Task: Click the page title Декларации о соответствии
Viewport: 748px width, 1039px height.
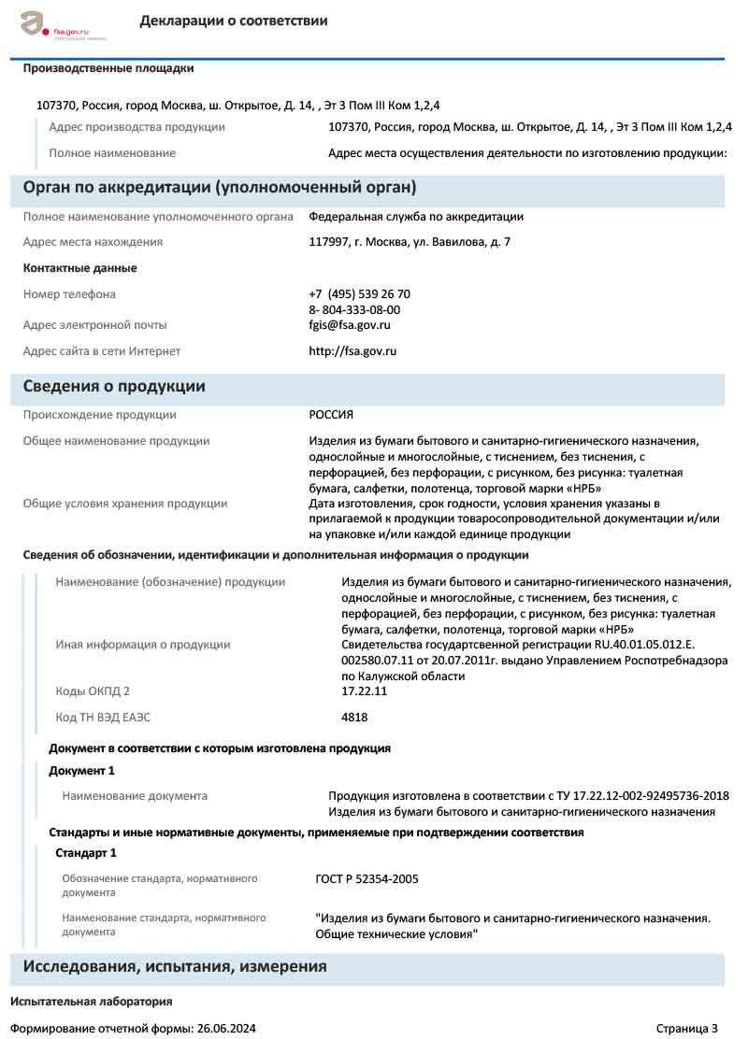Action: [x=234, y=21]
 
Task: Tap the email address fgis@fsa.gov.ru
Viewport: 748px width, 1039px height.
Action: [x=350, y=325]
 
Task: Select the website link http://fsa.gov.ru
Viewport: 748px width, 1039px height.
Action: [x=352, y=351]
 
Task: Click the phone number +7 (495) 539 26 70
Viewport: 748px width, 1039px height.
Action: [x=359, y=294]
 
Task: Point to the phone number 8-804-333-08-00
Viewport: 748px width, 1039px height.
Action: [x=354, y=309]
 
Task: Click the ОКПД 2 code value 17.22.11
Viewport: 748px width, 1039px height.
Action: [x=365, y=691]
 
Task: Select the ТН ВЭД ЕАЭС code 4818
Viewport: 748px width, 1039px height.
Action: [x=355, y=718]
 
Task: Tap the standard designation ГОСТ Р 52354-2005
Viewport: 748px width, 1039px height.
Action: [x=367, y=879]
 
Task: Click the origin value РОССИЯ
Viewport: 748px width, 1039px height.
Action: [x=331, y=415]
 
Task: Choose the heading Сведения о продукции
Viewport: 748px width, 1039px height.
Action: [x=114, y=387]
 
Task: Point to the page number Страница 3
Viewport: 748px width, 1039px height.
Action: [x=687, y=1029]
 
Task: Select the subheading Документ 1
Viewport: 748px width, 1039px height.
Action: [x=81, y=771]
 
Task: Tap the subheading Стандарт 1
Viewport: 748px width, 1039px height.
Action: [x=86, y=853]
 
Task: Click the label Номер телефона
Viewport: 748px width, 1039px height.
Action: [x=69, y=294]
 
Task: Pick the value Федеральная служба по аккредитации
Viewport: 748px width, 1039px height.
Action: [x=416, y=217]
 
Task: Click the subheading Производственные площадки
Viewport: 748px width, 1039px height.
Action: [x=108, y=68]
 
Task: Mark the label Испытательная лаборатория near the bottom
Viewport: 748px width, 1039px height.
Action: [x=92, y=1002]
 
